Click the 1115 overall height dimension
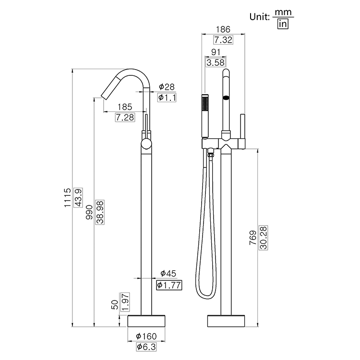point(68,197)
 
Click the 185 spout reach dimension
point(124,107)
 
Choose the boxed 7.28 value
point(124,117)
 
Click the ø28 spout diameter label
point(167,87)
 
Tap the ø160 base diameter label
point(147,336)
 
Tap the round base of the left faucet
point(147,320)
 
